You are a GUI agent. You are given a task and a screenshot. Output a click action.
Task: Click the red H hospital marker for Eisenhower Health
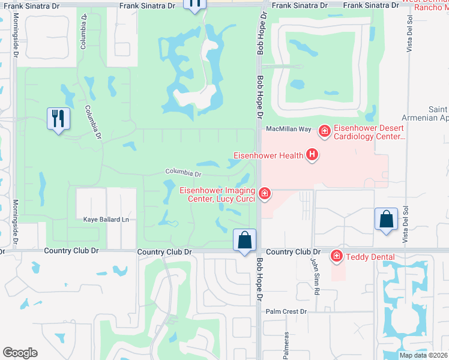(312, 155)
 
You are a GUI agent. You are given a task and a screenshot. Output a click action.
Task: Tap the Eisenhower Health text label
(268, 156)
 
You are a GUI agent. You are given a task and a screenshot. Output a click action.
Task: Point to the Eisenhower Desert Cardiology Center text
(369, 132)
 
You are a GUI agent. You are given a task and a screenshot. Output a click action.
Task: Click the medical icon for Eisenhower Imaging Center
(264, 193)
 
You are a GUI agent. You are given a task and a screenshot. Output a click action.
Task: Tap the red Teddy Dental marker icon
(337, 256)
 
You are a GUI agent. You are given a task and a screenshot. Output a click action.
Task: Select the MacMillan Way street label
(288, 129)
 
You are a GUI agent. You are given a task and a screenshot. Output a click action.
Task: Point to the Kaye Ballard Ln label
(107, 220)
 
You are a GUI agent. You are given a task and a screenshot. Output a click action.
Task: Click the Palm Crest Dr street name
(286, 311)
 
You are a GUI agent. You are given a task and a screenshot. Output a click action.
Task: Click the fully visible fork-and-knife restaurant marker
(58, 119)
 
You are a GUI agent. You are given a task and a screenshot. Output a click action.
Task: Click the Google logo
(20, 353)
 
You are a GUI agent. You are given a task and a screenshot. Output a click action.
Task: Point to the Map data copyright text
(424, 355)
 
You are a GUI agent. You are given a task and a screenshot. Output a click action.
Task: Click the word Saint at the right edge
(438, 109)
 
